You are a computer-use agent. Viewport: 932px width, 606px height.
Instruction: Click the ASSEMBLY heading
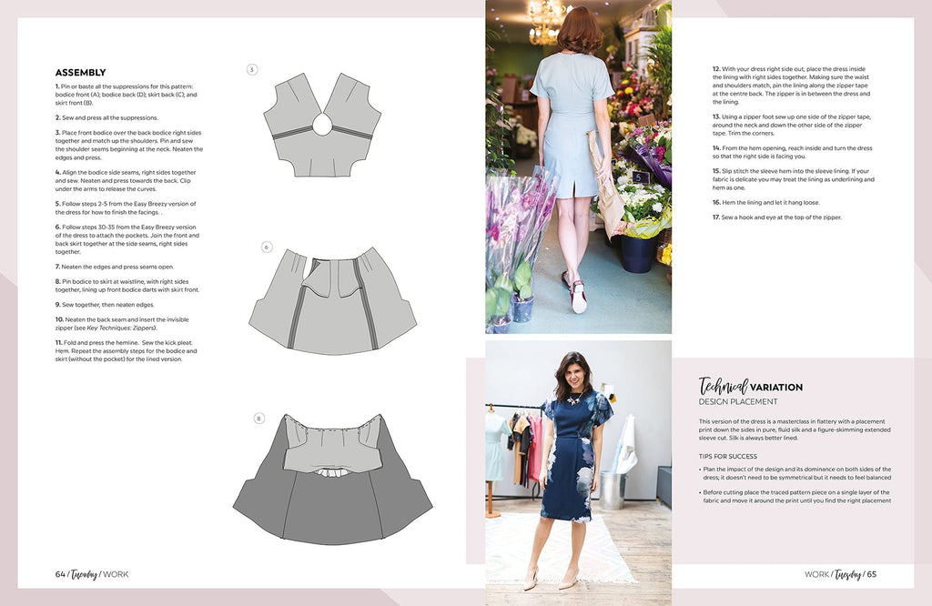(x=80, y=73)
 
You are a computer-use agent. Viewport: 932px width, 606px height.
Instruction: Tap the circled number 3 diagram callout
(x=252, y=69)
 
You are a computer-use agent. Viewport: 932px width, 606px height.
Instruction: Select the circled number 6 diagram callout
(x=267, y=247)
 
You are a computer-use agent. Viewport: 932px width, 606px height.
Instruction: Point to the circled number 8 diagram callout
(x=259, y=419)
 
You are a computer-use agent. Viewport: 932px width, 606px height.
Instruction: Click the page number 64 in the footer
(x=61, y=573)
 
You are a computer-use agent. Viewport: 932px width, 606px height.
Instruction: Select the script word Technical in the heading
(x=723, y=386)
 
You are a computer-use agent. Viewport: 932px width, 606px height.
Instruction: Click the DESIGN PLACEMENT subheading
(x=738, y=401)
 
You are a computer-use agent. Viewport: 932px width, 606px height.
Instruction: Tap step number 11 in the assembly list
(x=59, y=342)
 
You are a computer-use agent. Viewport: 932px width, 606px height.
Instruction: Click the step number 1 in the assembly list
(x=57, y=86)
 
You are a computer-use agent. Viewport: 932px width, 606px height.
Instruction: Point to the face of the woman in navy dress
(x=574, y=375)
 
